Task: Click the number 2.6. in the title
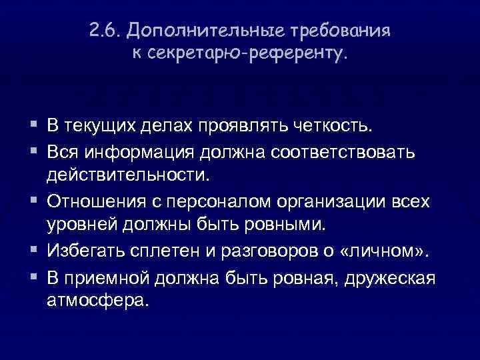click(x=103, y=32)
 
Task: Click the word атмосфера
click(x=95, y=301)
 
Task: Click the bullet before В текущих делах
click(x=33, y=126)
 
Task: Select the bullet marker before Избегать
click(x=33, y=251)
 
